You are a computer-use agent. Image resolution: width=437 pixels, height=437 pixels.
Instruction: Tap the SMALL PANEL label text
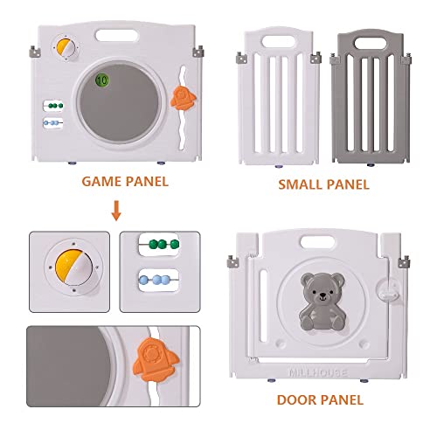click(x=323, y=184)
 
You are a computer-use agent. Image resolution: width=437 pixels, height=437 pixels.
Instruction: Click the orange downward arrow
click(x=115, y=211)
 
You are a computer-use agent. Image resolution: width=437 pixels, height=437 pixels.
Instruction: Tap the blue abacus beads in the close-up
click(x=157, y=282)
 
